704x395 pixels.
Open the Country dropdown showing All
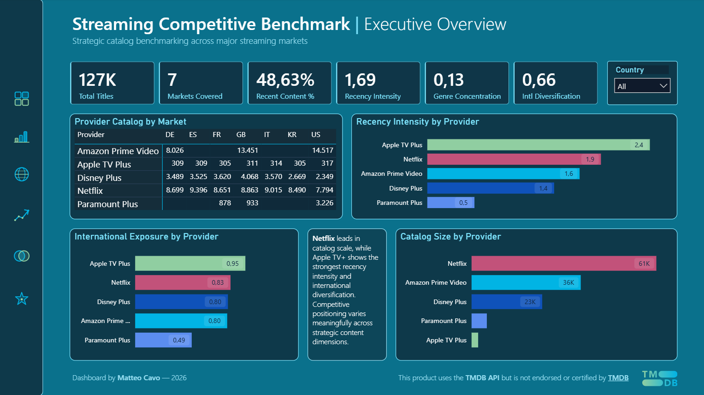(x=642, y=86)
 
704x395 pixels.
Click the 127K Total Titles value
(x=97, y=80)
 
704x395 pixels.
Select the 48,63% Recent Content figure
(x=285, y=80)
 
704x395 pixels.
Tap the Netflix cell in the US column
(x=324, y=190)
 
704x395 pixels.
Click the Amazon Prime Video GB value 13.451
(x=247, y=150)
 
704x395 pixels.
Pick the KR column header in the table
(x=292, y=135)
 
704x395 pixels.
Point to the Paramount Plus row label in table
(x=107, y=204)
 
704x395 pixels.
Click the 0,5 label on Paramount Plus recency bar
(x=463, y=203)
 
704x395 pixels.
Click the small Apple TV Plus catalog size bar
(x=475, y=340)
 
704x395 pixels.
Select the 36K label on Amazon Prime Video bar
(x=568, y=282)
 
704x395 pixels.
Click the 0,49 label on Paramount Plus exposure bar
(x=179, y=340)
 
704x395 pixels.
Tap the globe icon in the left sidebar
(x=22, y=174)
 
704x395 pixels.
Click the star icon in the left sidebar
(x=22, y=299)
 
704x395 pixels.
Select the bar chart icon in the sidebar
(x=22, y=137)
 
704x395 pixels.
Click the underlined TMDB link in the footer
(x=618, y=378)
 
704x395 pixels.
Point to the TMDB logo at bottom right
(x=659, y=378)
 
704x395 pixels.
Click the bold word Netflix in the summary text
(x=323, y=239)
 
